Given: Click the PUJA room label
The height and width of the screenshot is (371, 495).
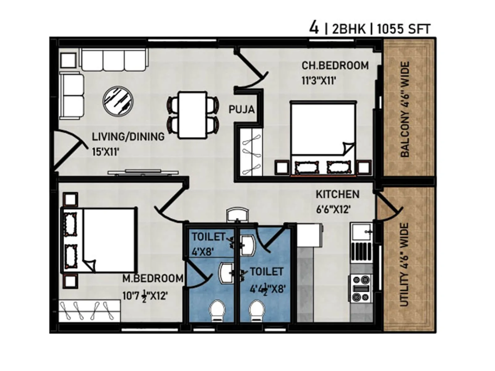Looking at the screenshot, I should (x=241, y=109).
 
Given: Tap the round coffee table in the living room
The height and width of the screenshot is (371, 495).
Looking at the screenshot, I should (x=118, y=100).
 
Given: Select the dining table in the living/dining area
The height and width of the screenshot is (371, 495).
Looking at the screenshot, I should (x=193, y=115).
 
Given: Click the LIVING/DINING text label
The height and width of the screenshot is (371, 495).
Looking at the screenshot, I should (x=128, y=137).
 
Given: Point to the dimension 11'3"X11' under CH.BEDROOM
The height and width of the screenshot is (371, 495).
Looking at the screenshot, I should (x=319, y=81).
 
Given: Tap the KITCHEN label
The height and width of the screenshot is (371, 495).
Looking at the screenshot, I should (x=337, y=194).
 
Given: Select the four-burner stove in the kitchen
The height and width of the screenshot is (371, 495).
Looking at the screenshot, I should (x=361, y=288).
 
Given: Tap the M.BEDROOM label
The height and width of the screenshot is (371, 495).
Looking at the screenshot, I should (x=153, y=278).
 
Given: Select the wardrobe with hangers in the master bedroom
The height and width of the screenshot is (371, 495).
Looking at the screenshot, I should (x=89, y=310).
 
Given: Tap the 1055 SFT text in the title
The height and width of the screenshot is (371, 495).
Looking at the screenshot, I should (x=403, y=29).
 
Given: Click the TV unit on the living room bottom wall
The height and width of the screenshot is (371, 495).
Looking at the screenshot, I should (x=143, y=173).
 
